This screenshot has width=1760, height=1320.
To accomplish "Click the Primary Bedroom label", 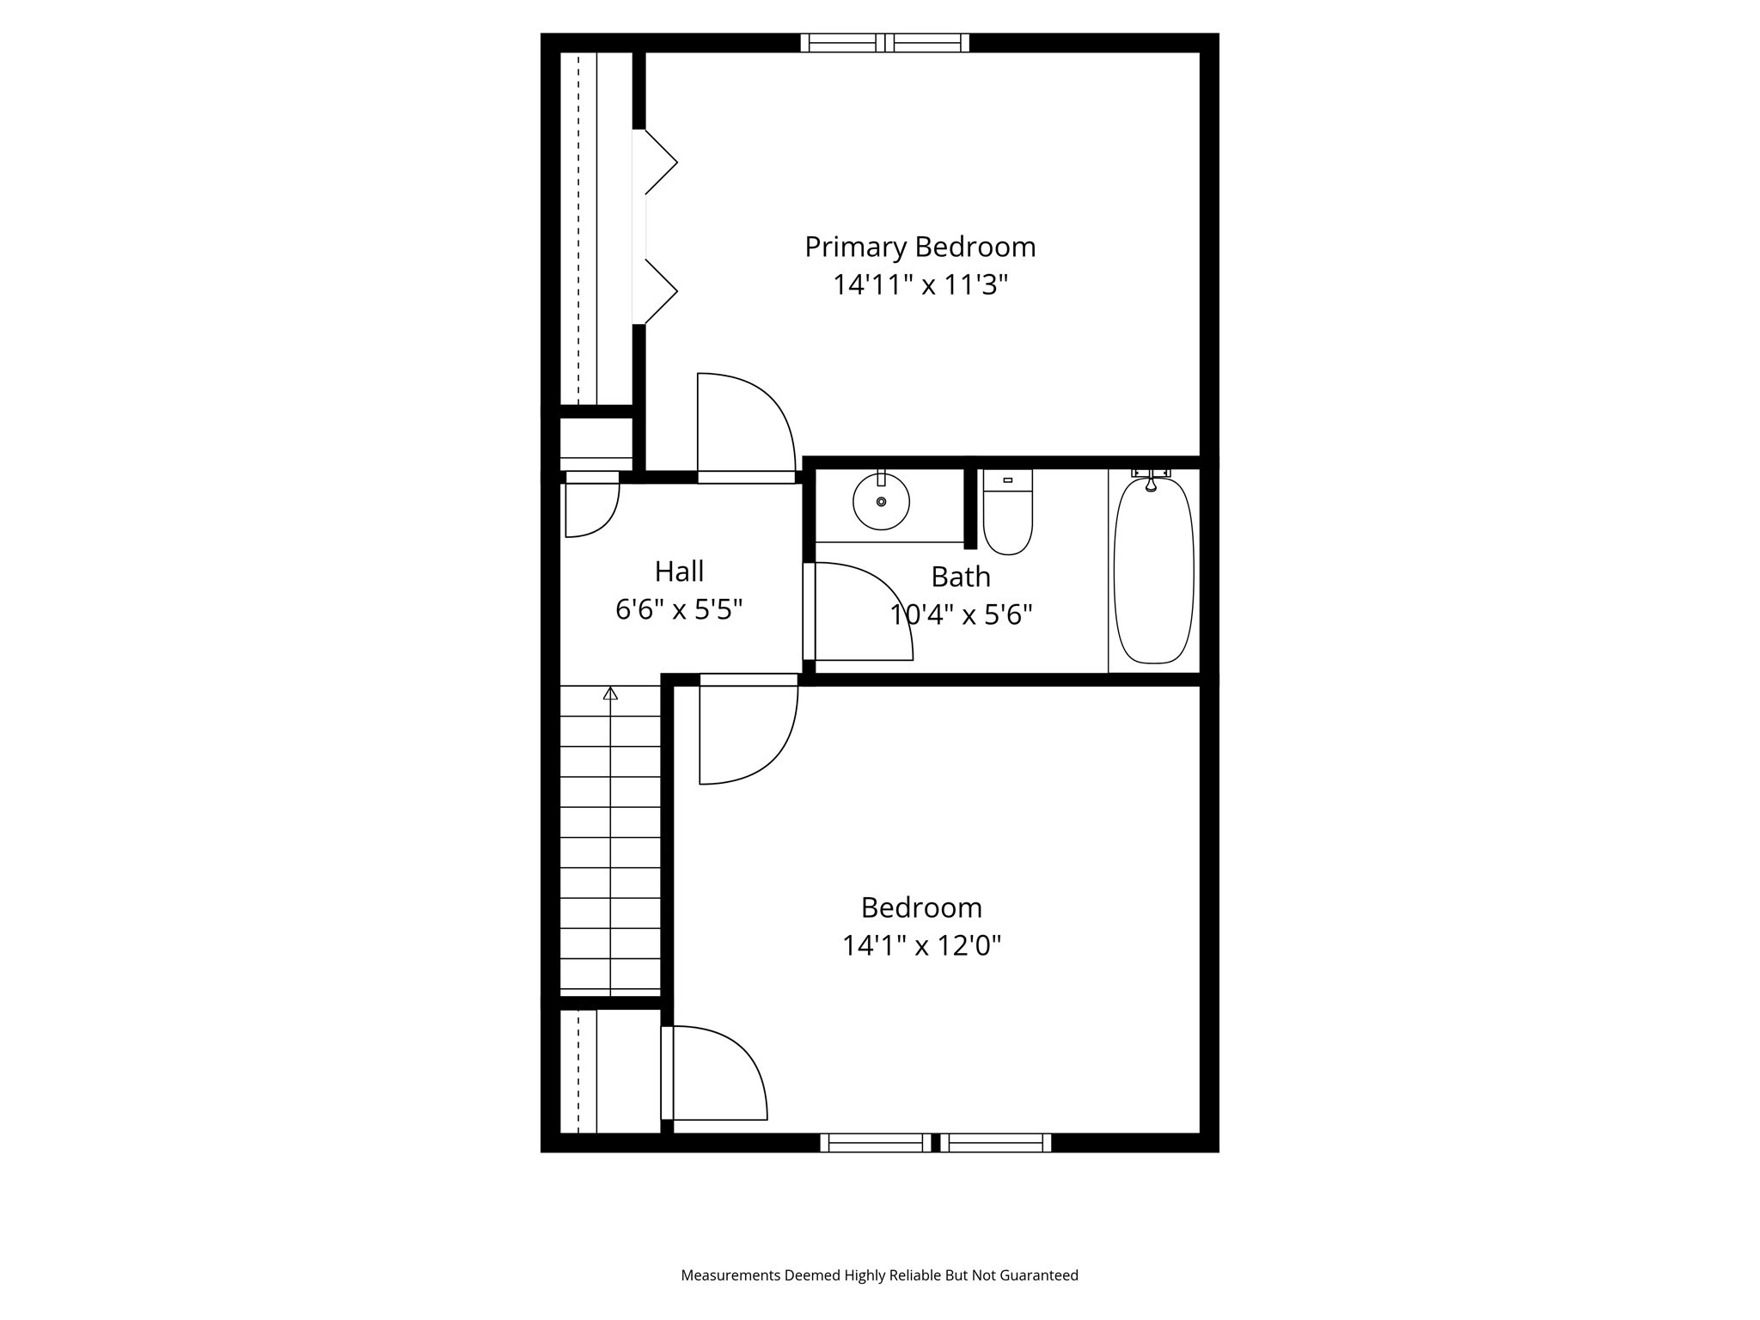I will pyautogui.click(x=920, y=247).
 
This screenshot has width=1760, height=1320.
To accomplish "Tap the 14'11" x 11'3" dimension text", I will pyautogui.click(x=920, y=285).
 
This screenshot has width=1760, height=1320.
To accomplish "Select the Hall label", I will pyautogui.click(x=679, y=571).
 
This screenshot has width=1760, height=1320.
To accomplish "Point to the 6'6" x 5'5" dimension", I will pyautogui.click(x=679, y=610).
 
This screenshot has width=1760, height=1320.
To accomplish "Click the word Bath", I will pyautogui.click(x=961, y=577).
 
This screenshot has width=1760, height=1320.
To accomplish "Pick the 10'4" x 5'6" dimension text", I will pyautogui.click(x=961, y=615).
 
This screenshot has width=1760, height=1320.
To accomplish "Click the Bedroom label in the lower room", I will pyautogui.click(x=921, y=907).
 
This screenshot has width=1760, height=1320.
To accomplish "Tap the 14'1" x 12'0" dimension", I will pyautogui.click(x=921, y=946).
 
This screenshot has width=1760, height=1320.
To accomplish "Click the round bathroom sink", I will pyautogui.click(x=881, y=502).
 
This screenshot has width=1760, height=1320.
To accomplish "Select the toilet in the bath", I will pyautogui.click(x=1007, y=516).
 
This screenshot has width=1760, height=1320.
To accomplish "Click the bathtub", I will pyautogui.click(x=1153, y=571).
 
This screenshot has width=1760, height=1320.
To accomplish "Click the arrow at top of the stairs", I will pyautogui.click(x=610, y=693).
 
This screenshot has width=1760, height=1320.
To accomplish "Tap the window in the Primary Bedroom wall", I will pyautogui.click(x=884, y=43).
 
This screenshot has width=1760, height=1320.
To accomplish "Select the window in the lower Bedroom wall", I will pyautogui.click(x=935, y=1142).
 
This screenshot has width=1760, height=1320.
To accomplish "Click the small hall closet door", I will pyautogui.click(x=590, y=507).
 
